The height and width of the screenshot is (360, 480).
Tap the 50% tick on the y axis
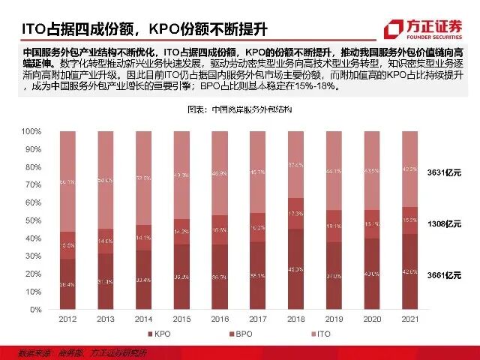pos(32,220)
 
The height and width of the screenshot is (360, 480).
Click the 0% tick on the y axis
pos(34,309)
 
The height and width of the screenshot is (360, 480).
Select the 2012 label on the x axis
pos(68,318)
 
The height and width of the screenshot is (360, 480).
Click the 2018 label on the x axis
pos(296,318)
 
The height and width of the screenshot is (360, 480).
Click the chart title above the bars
pos(238,110)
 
